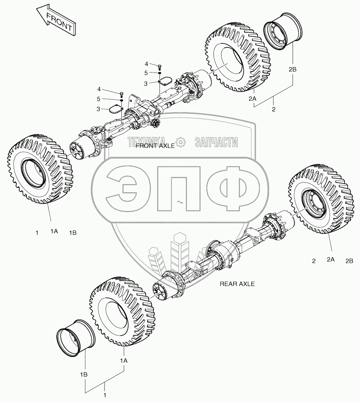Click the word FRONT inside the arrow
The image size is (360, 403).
(59, 22)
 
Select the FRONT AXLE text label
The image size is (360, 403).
(155, 146)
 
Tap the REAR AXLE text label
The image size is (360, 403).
(237, 284)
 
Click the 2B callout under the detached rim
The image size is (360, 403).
(293, 69)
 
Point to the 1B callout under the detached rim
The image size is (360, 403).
(84, 374)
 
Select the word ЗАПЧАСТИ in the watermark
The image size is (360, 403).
(216, 141)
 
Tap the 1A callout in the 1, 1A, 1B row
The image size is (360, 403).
(54, 232)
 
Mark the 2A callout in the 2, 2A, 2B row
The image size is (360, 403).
(331, 260)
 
